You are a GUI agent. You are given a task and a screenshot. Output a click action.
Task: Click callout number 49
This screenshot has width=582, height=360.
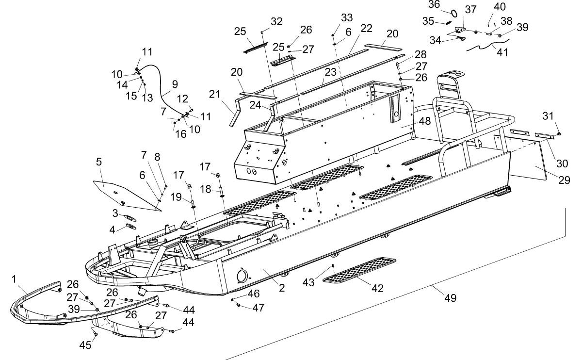click(450, 298)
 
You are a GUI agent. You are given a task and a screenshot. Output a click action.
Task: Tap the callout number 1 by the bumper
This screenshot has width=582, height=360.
click(14, 279)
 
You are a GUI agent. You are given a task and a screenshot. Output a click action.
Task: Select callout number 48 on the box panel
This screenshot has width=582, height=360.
click(425, 121)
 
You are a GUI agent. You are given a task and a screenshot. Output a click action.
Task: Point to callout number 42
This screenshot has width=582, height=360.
click(377, 288)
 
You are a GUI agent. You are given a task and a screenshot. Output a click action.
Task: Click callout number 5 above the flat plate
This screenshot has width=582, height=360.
click(99, 162)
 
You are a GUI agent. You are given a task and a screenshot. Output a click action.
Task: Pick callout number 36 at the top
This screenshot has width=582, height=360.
click(434, 4)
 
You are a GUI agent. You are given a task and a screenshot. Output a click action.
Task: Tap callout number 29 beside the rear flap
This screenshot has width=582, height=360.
click(564, 180)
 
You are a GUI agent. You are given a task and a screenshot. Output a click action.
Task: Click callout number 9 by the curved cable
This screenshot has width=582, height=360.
click(175, 84)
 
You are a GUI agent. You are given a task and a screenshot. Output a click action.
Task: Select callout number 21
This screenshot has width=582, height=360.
click(214, 94)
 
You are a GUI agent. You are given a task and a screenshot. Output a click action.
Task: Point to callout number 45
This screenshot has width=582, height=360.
click(85, 345)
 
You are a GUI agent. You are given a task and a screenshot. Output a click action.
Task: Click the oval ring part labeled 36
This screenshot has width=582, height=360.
click(454, 13)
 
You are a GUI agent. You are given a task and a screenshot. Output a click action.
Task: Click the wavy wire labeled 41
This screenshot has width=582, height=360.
click(487, 45)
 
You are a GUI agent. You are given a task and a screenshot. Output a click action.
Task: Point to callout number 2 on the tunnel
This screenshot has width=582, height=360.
click(282, 288)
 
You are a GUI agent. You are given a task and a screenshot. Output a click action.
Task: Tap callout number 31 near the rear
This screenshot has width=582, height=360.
click(548, 116)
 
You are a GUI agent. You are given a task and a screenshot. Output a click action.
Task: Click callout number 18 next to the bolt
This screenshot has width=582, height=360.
click(206, 189)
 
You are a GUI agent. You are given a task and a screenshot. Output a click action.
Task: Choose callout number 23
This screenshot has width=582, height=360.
click(330, 72)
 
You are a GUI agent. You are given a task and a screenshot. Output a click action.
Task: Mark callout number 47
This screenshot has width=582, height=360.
click(258, 308)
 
